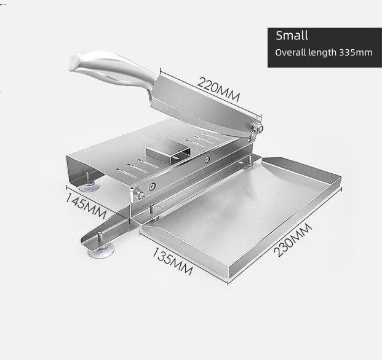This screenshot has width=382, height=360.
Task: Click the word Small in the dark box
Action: pos(292,36)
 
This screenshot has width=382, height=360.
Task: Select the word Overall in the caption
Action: pos(290,53)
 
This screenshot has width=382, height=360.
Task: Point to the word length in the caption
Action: pos(323,53)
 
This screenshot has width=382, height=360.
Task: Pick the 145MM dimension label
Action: pos(86,206)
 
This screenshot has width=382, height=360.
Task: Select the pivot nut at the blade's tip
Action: pos(258,127)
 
